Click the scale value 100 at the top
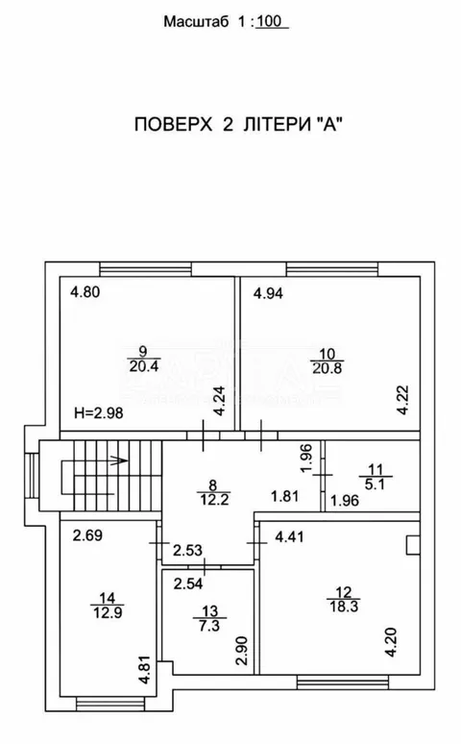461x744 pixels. pos(270,21)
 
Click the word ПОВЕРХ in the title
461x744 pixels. pos(173,124)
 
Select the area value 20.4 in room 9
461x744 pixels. pos(143,366)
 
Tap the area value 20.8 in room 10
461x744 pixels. pos(328,368)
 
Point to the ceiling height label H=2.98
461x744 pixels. pos(99,413)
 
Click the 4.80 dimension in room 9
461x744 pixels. pos(85,291)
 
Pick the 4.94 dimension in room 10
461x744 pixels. pos(268,293)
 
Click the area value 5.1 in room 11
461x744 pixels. pos(376,484)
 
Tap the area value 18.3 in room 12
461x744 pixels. pos(344,606)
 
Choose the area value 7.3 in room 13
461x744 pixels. pos(210,626)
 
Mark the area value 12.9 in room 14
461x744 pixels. pos(108,612)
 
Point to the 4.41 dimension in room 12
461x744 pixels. pos(289,537)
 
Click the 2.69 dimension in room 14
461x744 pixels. pos(87,535)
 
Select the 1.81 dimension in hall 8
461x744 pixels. pos(284,496)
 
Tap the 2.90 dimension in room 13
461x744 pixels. pos(242,651)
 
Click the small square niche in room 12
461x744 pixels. pos(413,544)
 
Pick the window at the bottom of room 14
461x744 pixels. pos(110,704)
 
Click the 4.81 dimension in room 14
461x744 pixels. pos(145,670)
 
